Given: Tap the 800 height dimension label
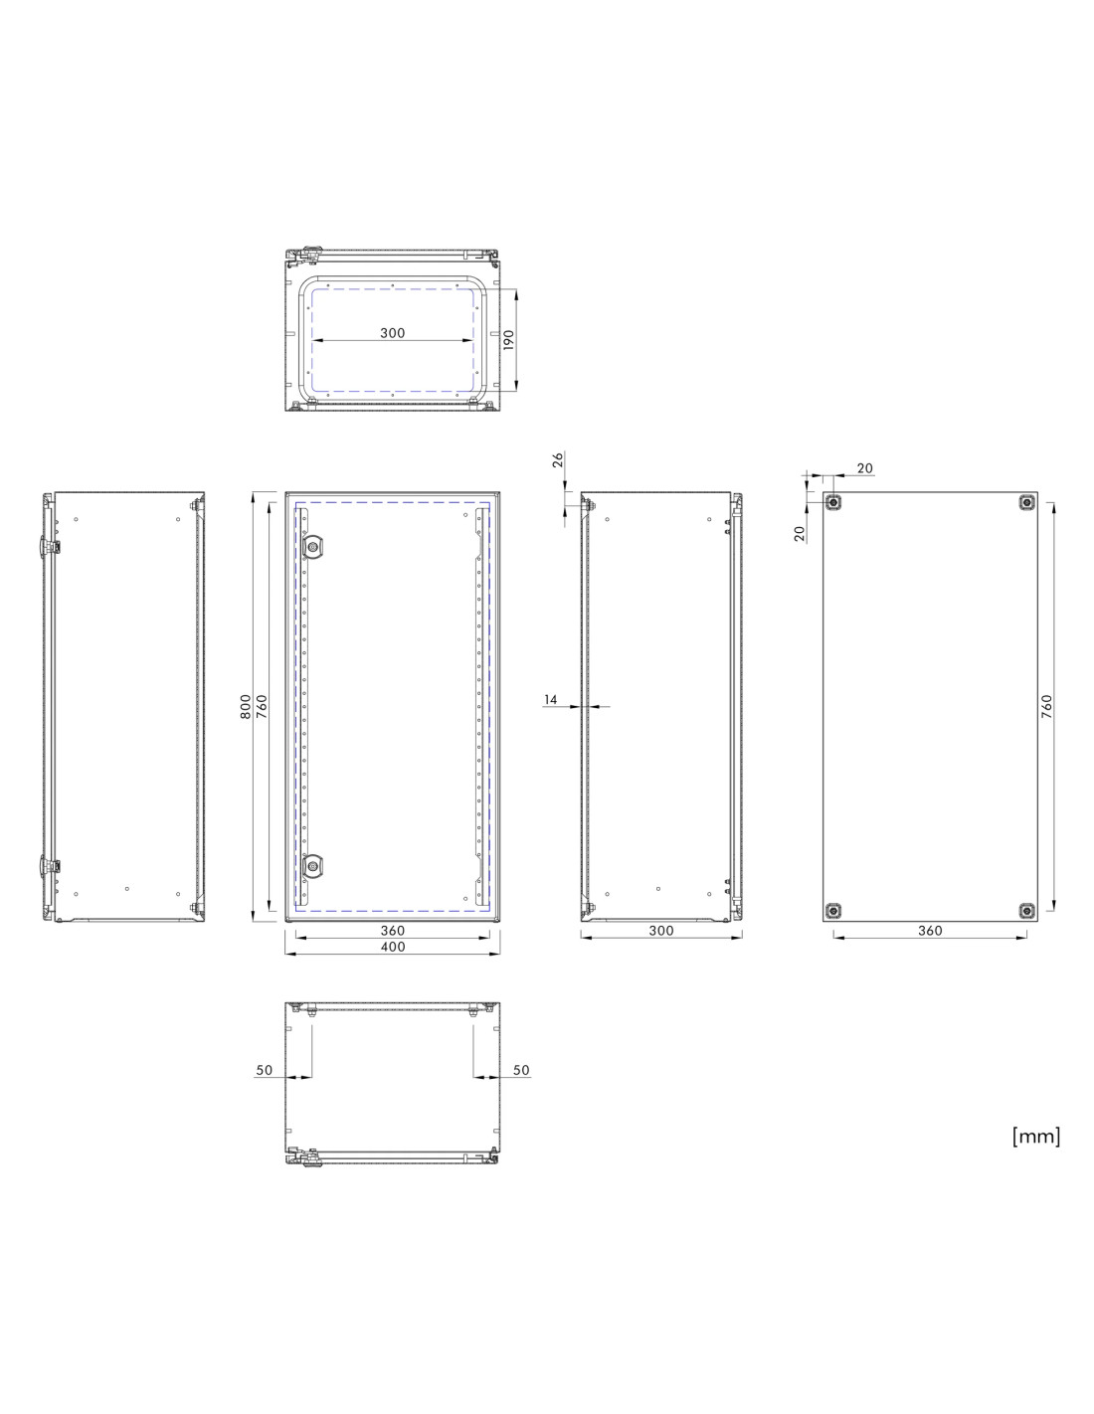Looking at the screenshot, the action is click(246, 706).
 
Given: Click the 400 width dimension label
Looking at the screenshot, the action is click(393, 947).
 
